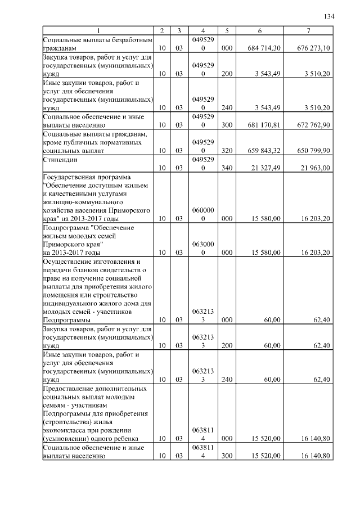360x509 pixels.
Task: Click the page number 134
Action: click(x=329, y=16)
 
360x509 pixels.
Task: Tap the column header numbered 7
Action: click(x=308, y=30)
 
